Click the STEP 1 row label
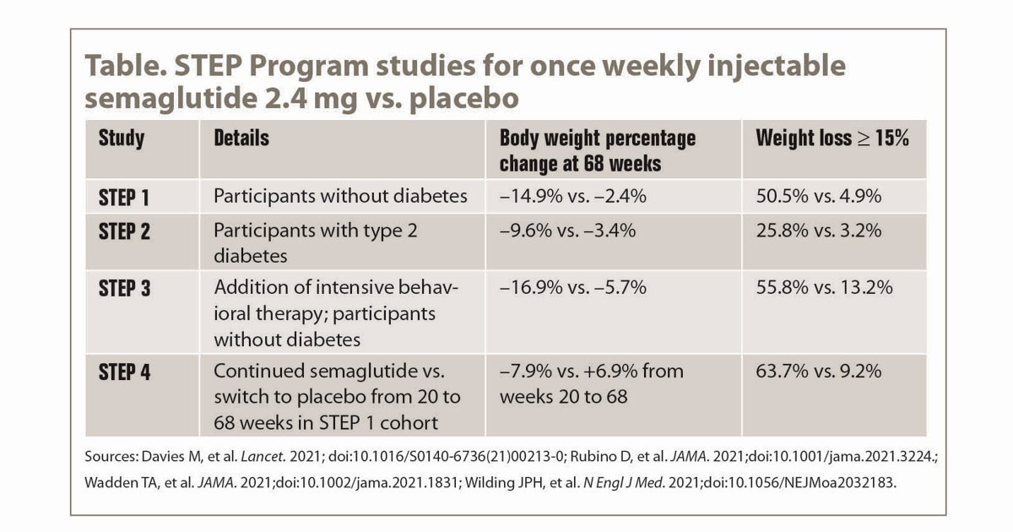click(124, 198)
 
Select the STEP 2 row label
click(124, 231)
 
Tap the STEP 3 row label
click(124, 289)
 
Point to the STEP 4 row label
click(124, 372)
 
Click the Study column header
click(122, 138)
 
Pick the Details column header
click(241, 138)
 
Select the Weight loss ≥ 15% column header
click(832, 138)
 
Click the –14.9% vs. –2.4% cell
click(573, 196)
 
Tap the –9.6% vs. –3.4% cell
click(567, 231)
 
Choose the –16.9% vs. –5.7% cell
click(573, 288)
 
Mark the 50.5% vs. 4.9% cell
click(819, 196)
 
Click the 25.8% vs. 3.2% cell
click(819, 231)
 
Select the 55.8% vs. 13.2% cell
click(825, 288)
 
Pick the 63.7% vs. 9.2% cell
click(819, 372)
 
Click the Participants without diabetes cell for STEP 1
click(340, 196)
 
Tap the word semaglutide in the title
click(171, 99)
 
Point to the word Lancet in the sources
click(262, 457)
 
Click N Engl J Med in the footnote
click(623, 483)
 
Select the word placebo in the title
click(464, 99)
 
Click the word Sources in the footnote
click(110, 457)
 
